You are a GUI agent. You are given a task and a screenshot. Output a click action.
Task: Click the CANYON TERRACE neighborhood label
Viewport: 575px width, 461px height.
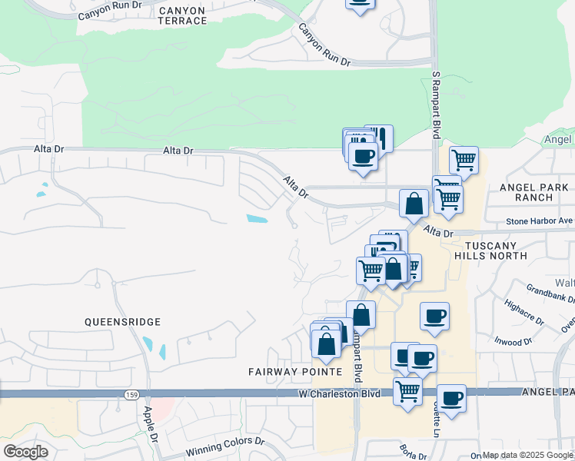coord(183,15)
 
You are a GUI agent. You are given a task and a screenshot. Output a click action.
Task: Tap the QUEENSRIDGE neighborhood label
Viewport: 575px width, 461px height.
coord(123,322)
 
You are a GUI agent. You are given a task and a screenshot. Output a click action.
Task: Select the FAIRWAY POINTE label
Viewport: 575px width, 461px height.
coord(294,372)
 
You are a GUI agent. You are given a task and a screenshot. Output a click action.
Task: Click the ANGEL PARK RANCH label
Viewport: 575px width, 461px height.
coord(537,192)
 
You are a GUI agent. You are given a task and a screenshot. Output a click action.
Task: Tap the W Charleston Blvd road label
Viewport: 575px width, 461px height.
coord(340,394)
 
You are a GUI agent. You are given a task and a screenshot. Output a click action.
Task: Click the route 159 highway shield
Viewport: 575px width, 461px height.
coord(131,394)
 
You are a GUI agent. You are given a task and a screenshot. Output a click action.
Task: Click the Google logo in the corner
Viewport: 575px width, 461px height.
coord(25,452)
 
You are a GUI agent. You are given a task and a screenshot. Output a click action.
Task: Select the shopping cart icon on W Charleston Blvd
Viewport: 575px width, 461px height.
coord(407,390)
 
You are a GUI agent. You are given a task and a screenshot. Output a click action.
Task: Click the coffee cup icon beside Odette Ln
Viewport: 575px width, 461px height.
coord(451,398)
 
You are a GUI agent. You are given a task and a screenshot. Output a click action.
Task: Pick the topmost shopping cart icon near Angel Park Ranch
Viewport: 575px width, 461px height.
coord(464,160)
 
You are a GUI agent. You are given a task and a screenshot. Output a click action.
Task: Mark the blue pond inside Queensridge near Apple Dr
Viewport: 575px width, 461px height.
coord(162,351)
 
